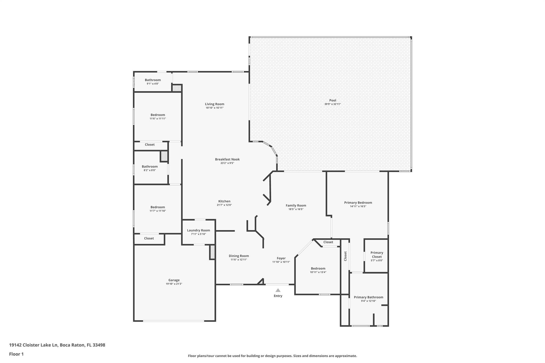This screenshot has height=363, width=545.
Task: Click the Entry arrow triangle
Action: [278, 290]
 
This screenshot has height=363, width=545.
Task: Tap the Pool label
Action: [333, 100]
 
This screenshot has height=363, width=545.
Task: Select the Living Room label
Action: [214, 104]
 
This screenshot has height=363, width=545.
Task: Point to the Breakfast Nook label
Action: [227, 159]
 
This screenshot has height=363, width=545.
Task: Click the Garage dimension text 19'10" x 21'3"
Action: [174, 284]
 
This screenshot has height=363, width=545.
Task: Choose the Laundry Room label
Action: [199, 230]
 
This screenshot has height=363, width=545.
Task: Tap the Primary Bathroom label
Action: [369, 297]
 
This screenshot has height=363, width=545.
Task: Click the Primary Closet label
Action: [377, 254]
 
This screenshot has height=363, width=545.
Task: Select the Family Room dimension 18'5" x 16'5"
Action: [296, 209]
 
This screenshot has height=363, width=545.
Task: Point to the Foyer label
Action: [281, 258]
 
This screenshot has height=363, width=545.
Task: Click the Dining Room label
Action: [239, 256]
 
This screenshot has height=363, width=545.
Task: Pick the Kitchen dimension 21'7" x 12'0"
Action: [224, 205]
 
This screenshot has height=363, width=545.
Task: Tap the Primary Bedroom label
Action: [358, 202]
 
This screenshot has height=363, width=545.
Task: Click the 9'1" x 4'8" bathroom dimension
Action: [153, 84]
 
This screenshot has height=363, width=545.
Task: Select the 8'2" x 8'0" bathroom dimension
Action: [150, 170]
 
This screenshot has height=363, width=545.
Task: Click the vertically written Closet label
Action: [345, 256]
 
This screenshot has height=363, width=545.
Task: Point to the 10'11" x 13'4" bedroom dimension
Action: [318, 272]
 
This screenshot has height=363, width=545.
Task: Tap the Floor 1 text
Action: [16, 354]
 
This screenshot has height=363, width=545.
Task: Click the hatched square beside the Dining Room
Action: [212, 252]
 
